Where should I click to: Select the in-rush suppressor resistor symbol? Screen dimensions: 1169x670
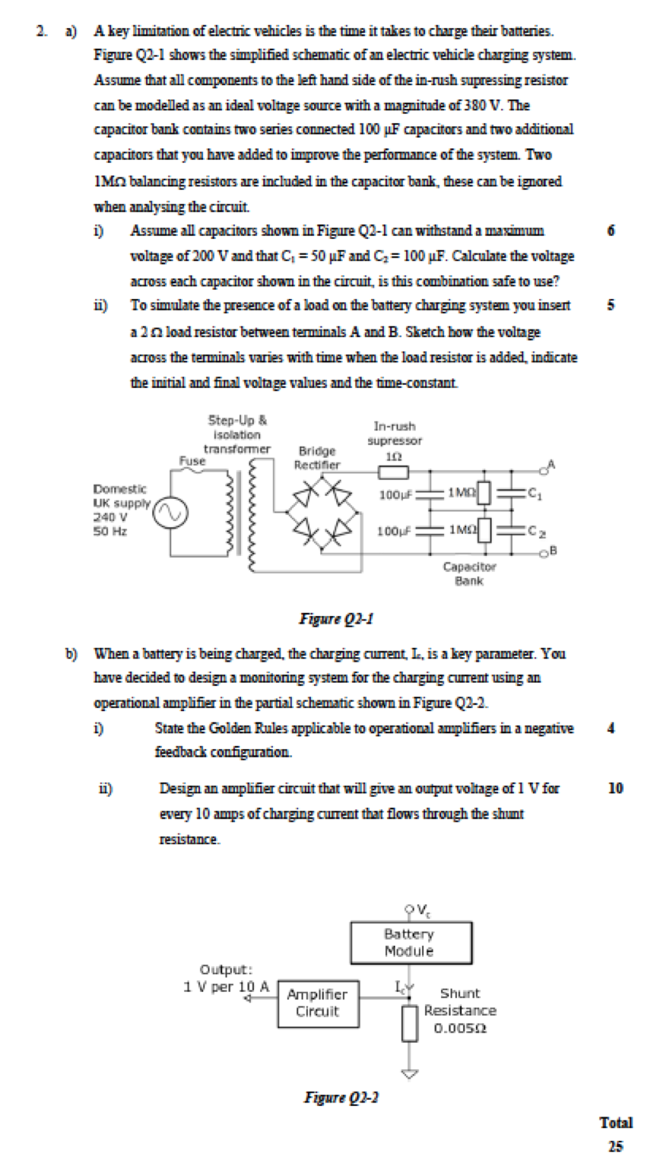[x=394, y=472]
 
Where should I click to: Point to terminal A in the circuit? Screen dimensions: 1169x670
[x=551, y=463]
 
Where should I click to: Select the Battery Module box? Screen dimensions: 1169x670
[x=409, y=942]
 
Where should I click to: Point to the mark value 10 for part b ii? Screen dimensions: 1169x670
[x=615, y=788]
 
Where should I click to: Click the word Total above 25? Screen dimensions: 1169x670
[x=616, y=1123]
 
